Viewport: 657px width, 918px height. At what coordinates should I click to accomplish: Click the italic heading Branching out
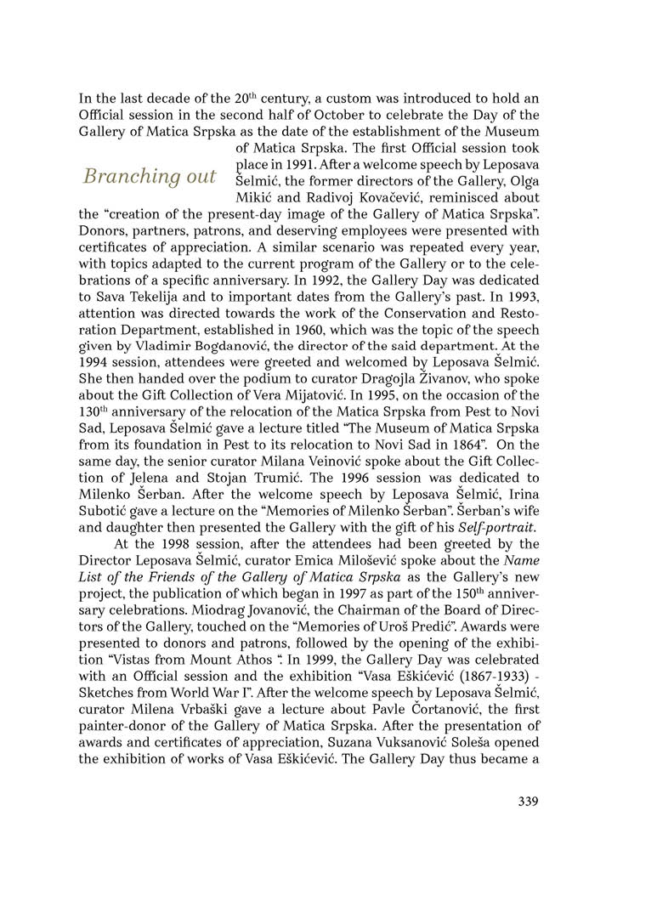pyautogui.click(x=149, y=176)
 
